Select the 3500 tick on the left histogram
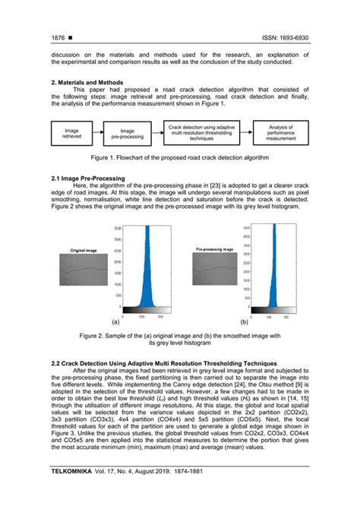click(117, 228)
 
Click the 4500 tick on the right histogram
click(245, 226)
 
